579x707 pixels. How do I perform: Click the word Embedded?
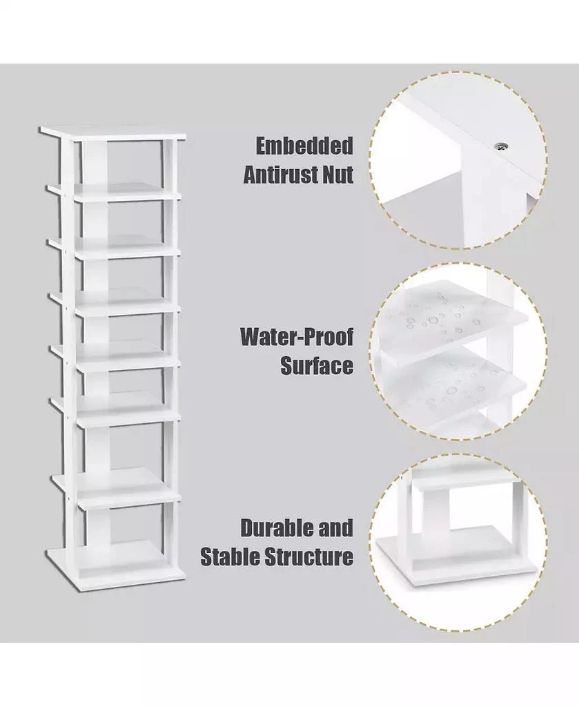304,146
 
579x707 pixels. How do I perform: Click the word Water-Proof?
297,338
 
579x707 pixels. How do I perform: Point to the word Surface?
317,365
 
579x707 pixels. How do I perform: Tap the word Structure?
311,556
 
